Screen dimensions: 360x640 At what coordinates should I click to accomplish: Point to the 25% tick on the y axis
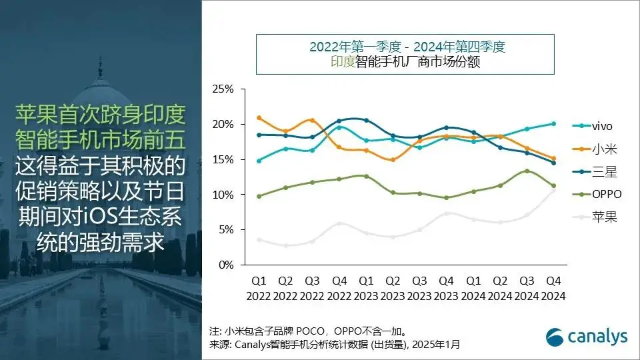[x=223, y=89]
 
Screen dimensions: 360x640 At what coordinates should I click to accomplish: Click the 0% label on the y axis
[x=225, y=265]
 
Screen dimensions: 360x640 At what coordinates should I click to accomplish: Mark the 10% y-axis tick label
[x=223, y=195]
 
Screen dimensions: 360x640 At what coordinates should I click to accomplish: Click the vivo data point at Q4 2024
[x=553, y=123]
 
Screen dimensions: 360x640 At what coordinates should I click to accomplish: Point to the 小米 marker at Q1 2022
[x=259, y=118]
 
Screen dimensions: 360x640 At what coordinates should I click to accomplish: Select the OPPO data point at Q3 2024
[x=527, y=171]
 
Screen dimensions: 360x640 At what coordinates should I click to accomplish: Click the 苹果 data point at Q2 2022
[x=285, y=245]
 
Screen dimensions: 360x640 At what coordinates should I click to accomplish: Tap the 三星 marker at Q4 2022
[x=339, y=121]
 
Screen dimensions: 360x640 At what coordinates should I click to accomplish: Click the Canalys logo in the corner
[x=587, y=337]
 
